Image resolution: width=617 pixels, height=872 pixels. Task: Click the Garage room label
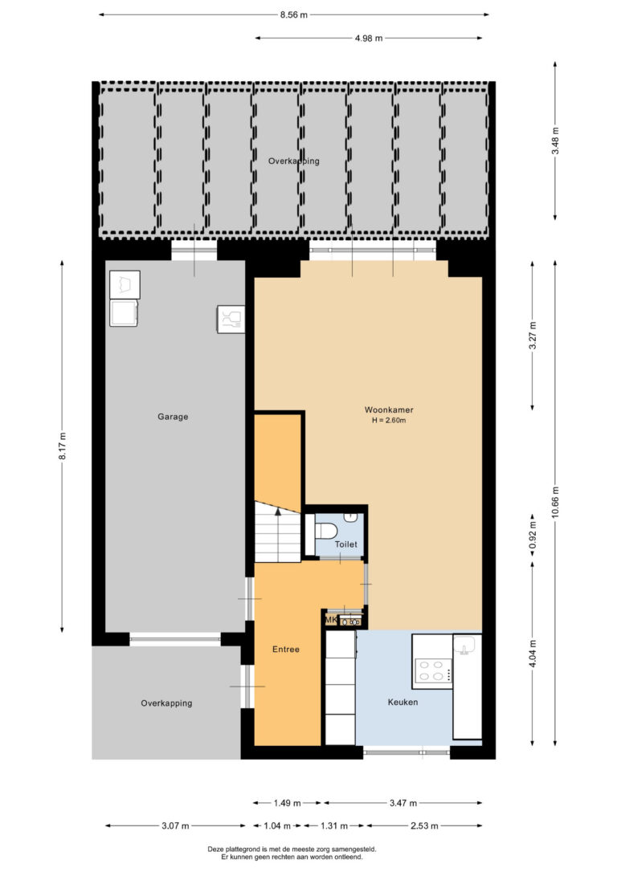coord(173,417)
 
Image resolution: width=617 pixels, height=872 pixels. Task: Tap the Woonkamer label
coord(389,410)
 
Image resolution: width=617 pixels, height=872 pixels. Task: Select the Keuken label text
coord(402,703)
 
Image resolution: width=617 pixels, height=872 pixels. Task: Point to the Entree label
coord(286,649)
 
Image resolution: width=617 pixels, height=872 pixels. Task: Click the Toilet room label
coord(345,544)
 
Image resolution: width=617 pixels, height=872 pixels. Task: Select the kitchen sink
coord(464,645)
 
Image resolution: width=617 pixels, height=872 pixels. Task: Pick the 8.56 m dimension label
coord(294,15)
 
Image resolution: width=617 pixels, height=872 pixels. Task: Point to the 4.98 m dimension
coord(369,39)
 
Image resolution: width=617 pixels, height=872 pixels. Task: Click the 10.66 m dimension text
coord(555,502)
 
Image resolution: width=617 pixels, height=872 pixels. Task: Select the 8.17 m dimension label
coord(63,446)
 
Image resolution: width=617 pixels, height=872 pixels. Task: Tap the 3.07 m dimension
coord(175,826)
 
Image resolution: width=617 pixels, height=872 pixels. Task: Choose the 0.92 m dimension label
coord(533,536)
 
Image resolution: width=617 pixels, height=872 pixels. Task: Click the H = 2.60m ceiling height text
coord(389,421)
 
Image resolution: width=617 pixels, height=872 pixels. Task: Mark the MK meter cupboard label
coord(331,620)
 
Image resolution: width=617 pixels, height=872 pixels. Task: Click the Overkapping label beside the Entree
coord(166,703)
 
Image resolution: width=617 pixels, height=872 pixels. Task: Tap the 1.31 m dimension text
coord(334,826)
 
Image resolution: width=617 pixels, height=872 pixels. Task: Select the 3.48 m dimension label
coord(555,141)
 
